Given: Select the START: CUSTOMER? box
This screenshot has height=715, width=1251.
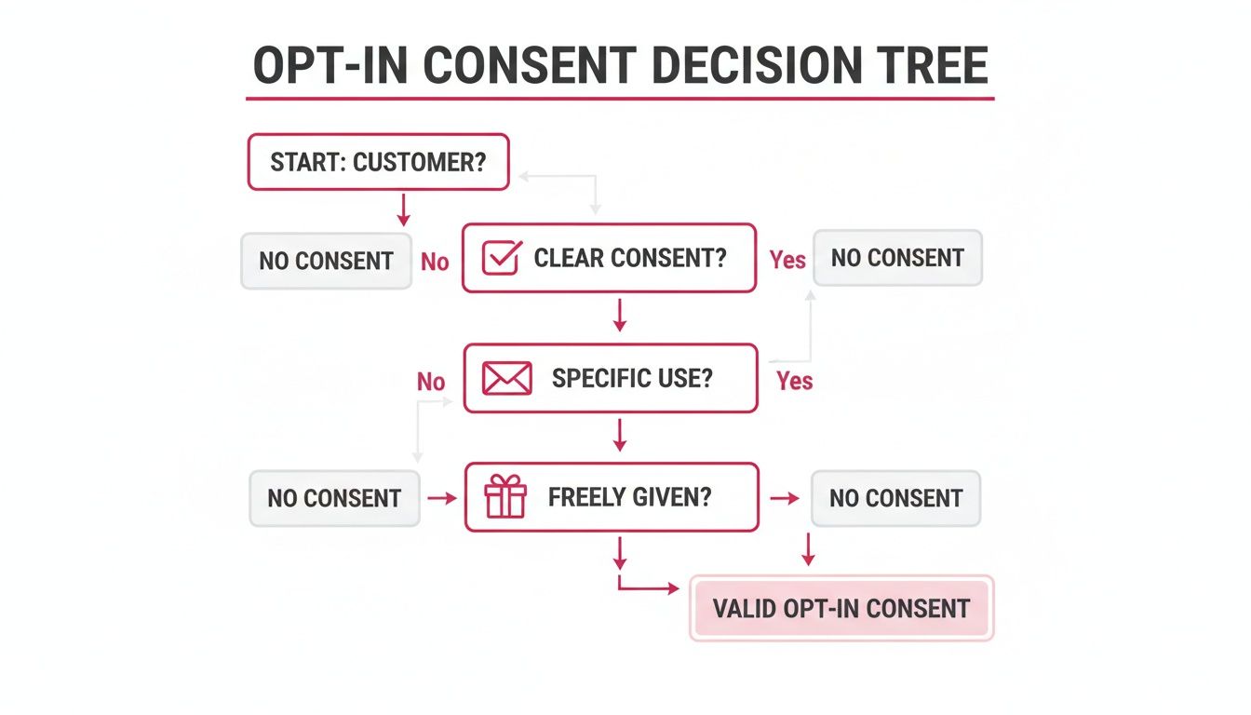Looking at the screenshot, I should coord(378,162).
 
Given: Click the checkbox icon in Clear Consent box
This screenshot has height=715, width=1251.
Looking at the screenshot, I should coord(501,258).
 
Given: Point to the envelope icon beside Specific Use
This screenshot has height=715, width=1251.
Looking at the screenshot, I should coord(507,379).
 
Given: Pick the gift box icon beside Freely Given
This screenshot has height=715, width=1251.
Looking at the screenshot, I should coord(505,497).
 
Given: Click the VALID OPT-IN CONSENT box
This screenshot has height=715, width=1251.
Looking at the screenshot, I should coord(841,609).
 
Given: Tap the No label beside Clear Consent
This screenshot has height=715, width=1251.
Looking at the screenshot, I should coord(435,262).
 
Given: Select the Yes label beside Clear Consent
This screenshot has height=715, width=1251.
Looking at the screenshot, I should coord(787,260).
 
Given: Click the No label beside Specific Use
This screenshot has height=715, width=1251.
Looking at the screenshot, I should coord(431,382).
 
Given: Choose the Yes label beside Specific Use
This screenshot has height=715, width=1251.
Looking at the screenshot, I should coord(794,381).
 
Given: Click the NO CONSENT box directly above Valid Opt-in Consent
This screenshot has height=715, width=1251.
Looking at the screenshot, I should coord(895,498).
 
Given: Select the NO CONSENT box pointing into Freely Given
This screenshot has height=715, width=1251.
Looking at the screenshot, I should coord(334,498).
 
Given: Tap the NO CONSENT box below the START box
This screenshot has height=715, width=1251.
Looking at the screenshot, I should coord(326,261).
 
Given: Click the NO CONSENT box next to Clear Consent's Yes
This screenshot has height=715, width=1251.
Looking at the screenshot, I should coord(897,258).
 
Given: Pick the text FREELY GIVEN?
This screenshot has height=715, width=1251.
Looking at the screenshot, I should coord(629,497).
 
